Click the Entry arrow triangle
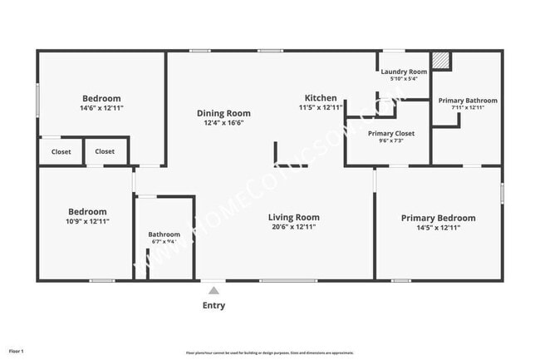[214, 290]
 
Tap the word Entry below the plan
[214, 305]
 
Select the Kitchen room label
[320, 98]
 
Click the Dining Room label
[223, 113]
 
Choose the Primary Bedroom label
[438, 218]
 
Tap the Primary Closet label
[390, 133]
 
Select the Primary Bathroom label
[467, 100]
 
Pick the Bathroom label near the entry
[164, 234]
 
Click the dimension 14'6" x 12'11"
[101, 108]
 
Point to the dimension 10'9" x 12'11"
[87, 221]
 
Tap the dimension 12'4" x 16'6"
[223, 123]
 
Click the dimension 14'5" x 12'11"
[438, 228]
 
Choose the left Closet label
[61, 152]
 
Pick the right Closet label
[105, 151]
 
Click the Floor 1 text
[16, 352]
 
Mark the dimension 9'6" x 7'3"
[390, 141]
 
